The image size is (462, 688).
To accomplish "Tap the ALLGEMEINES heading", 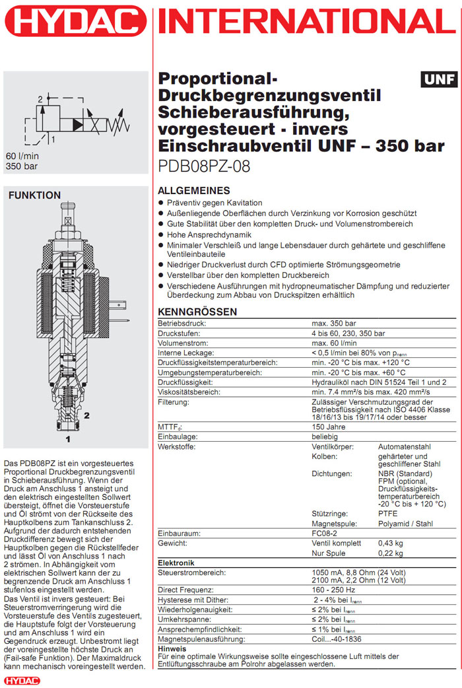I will coord(194,190).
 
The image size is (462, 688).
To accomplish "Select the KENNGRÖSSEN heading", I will coord(197,312).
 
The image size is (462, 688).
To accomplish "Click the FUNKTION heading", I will coord(34,195).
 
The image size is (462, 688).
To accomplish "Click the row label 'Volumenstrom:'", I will coord(180,343).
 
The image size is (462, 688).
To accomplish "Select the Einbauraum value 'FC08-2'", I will coord(325,533).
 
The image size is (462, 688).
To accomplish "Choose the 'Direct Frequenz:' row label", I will coord(185,589).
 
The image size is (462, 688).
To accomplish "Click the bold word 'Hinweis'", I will coord(172,648).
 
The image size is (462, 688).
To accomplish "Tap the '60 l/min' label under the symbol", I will coord(22,156).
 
